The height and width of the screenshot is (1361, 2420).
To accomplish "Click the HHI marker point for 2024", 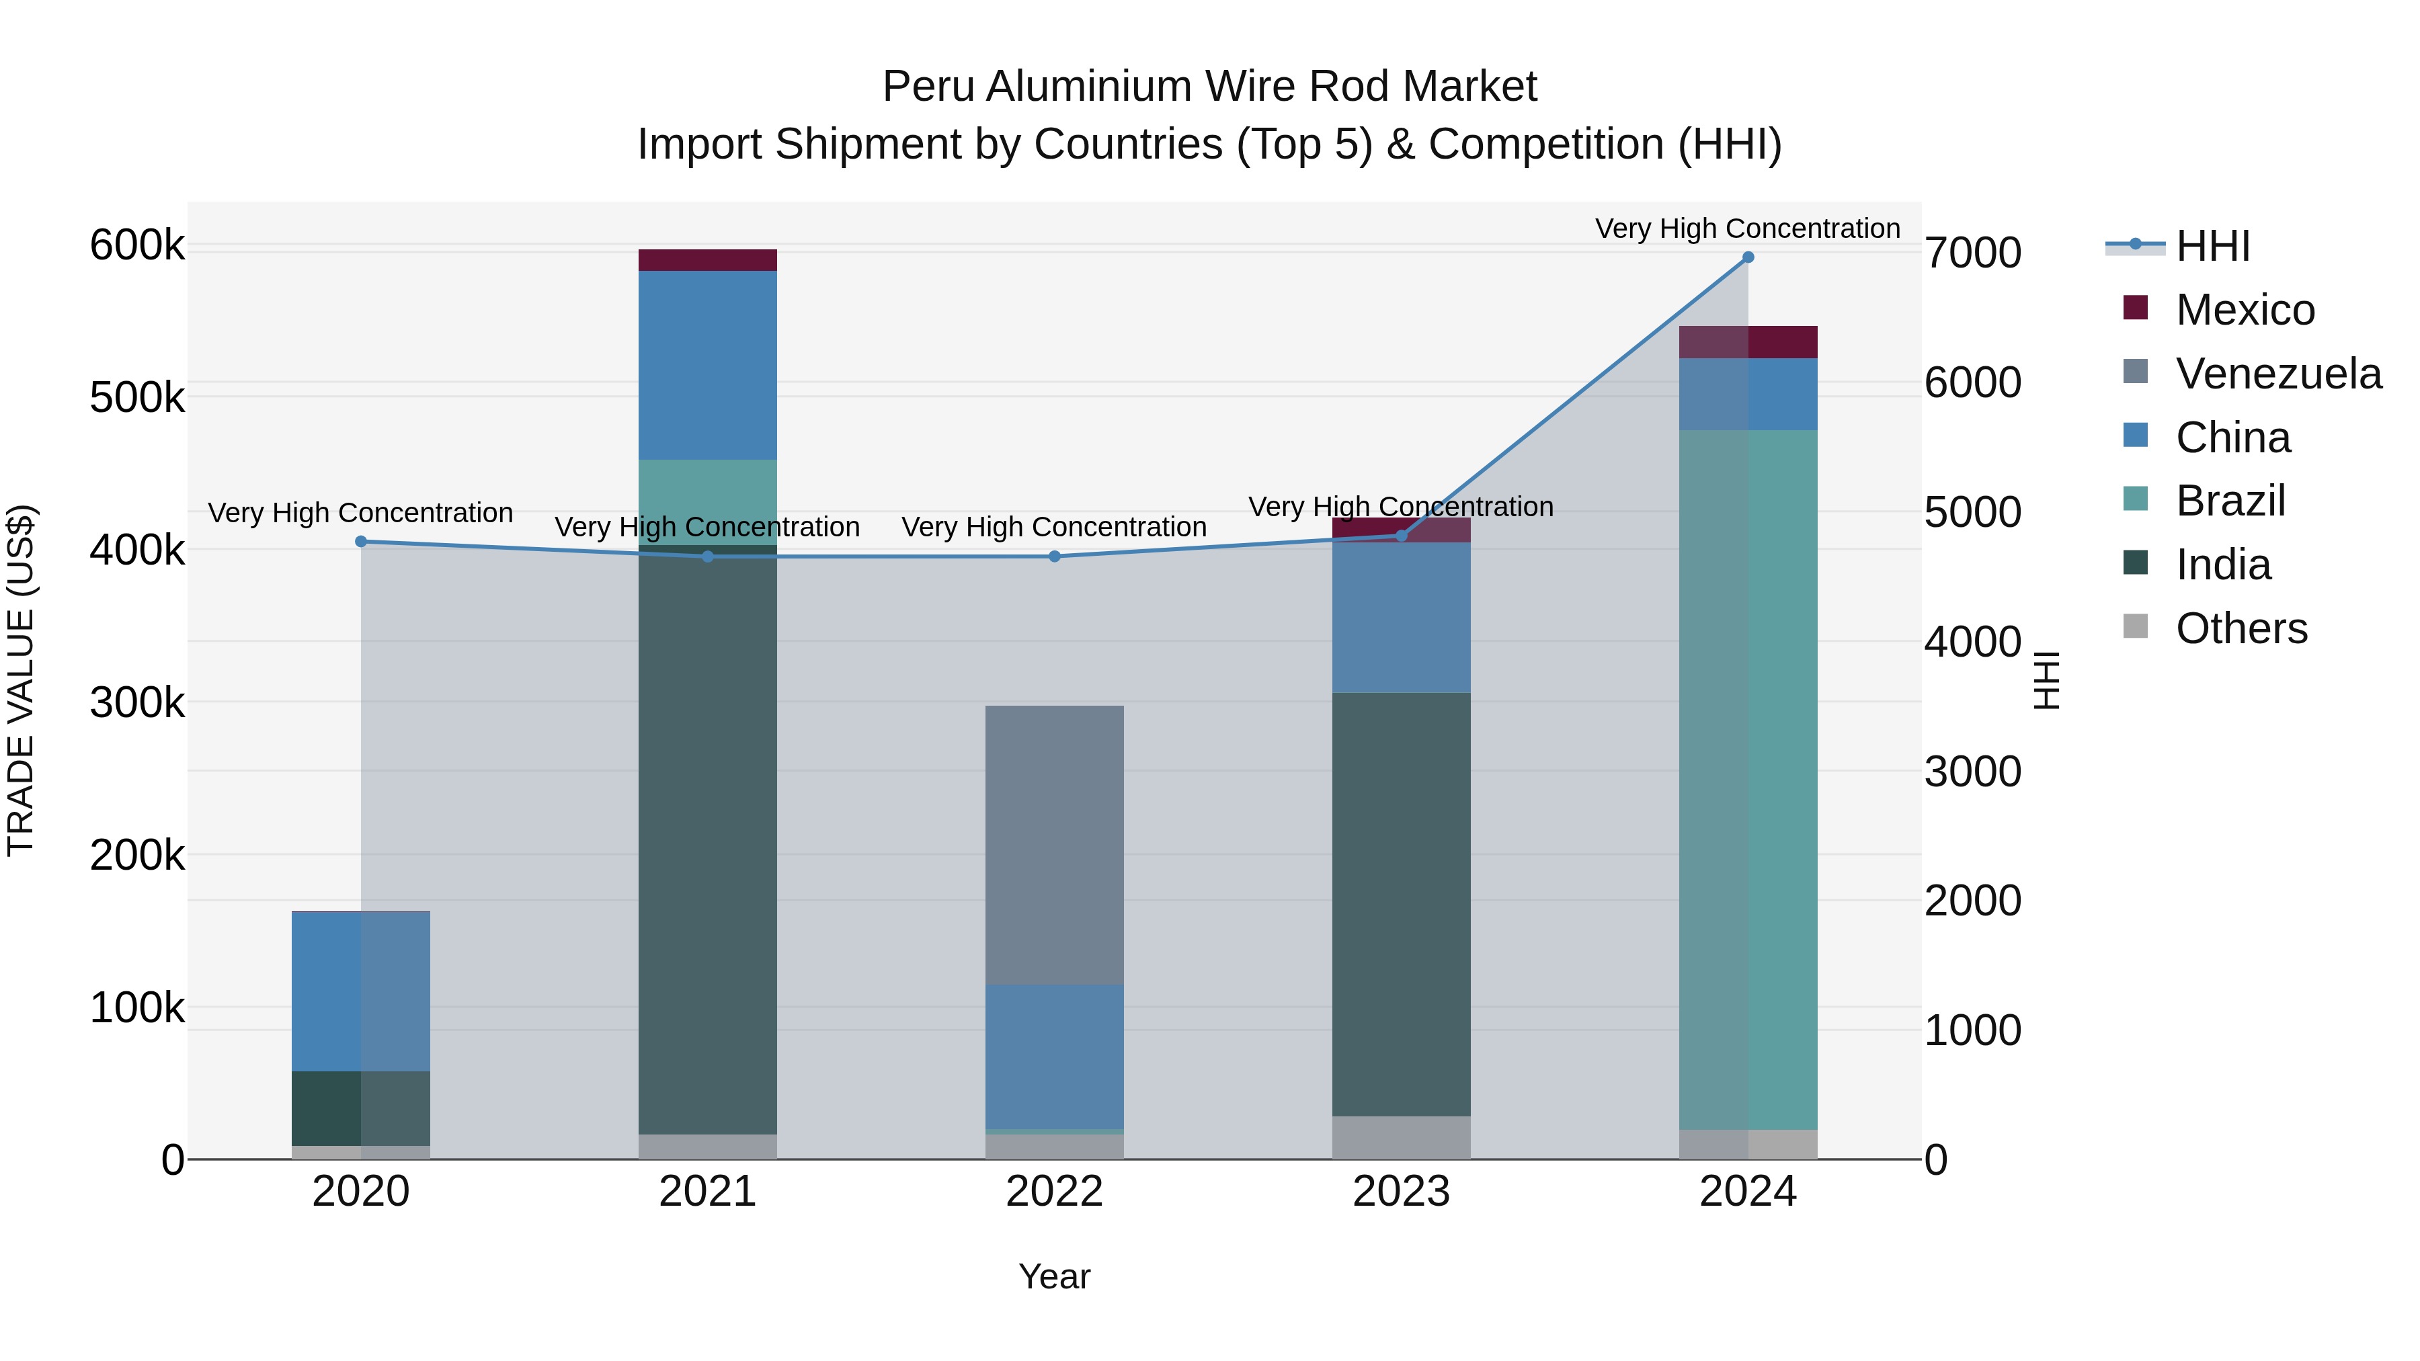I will pos(1747,257).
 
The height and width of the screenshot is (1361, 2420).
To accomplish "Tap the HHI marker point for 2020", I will pos(361,541).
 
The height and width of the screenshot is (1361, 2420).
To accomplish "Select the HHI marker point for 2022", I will pos(1054,556).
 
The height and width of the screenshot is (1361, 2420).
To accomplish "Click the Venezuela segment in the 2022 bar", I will pos(1054,846).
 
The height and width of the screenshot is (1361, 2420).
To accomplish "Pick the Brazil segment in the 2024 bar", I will pos(1747,780).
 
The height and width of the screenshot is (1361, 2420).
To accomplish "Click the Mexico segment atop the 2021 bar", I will pos(707,260).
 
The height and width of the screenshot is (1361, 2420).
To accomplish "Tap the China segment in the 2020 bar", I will pos(361,991).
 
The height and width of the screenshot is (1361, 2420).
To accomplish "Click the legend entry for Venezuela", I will pos(2278,374).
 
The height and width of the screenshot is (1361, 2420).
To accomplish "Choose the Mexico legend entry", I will pos(2245,310).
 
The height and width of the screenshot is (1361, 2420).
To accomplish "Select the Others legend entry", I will pos(2241,628).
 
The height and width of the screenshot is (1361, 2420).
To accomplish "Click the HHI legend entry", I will pos(2212,246).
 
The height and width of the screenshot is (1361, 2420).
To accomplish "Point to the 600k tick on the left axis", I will pos(137,246).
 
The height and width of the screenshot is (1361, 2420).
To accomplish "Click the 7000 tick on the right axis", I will pos(1973,253).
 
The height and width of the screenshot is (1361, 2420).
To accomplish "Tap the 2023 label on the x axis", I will pos(1401,1192).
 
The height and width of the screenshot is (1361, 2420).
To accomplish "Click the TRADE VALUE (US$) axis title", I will pos(21,680).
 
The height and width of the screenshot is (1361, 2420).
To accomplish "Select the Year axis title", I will pos(1054,1276).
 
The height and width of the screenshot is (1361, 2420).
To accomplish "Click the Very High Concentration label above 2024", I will pos(1747,229).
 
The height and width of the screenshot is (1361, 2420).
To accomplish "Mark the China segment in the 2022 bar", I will pos(1054,1056).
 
